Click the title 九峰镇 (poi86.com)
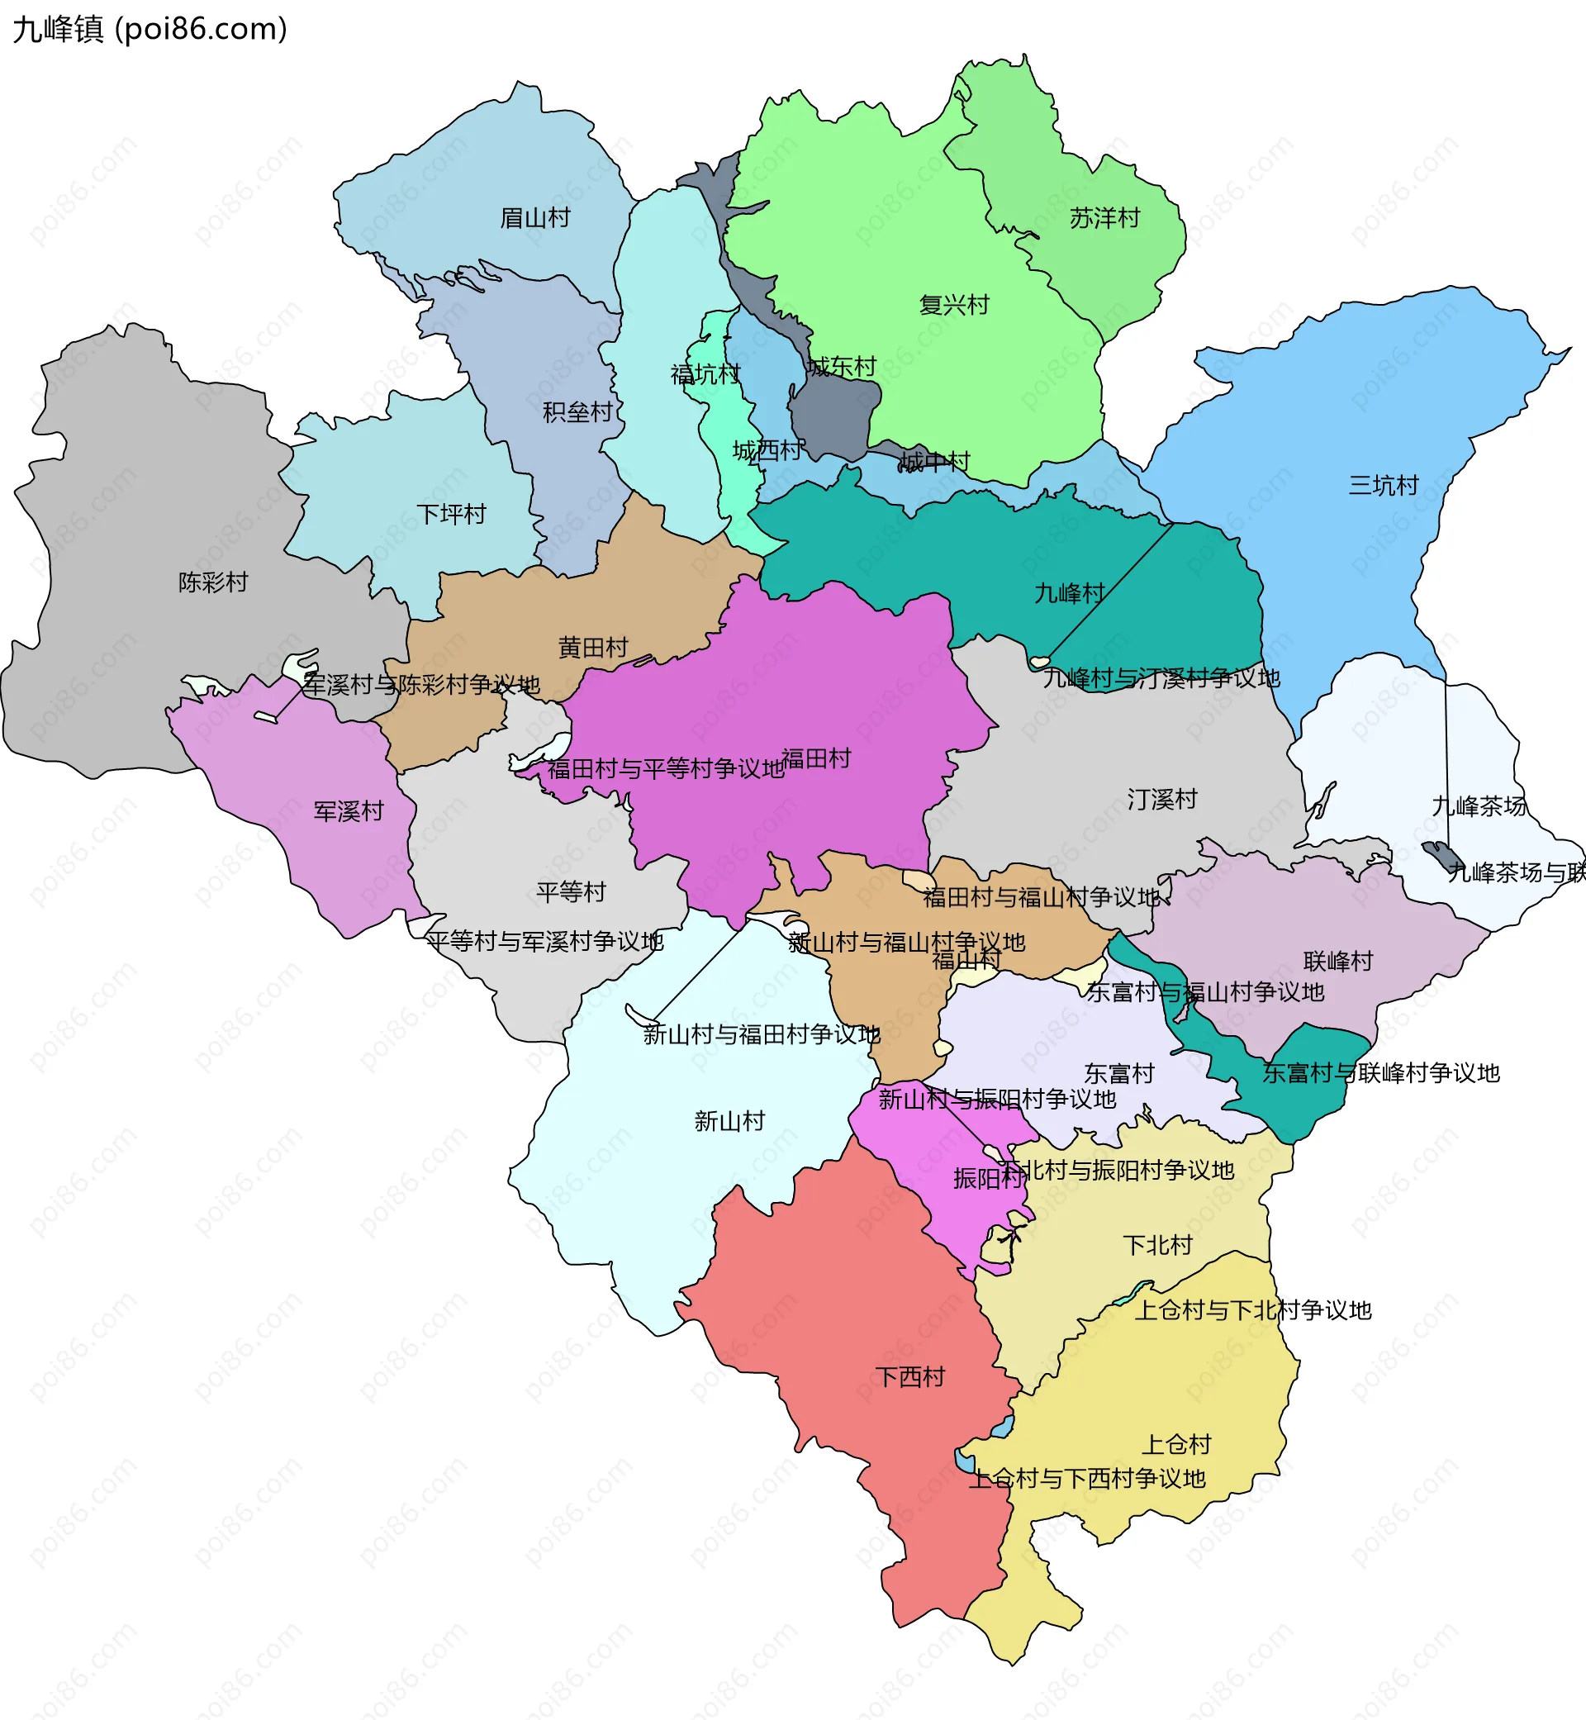[x=150, y=28]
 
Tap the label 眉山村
[x=534, y=218]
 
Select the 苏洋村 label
[x=1104, y=218]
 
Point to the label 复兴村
[x=953, y=305]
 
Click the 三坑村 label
[x=1384, y=486]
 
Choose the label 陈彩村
[x=213, y=582]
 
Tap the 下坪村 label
[x=451, y=514]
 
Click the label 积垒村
[x=577, y=413]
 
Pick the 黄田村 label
[x=593, y=647]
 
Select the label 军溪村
[x=349, y=811]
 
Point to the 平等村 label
[x=571, y=892]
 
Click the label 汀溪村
[x=1162, y=799]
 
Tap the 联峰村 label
[x=1338, y=962]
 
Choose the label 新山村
[x=729, y=1121]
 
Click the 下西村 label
[x=909, y=1377]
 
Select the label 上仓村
[x=1175, y=1445]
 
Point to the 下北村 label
[x=1158, y=1245]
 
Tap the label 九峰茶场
[x=1479, y=806]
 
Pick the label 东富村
[x=1119, y=1074]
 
